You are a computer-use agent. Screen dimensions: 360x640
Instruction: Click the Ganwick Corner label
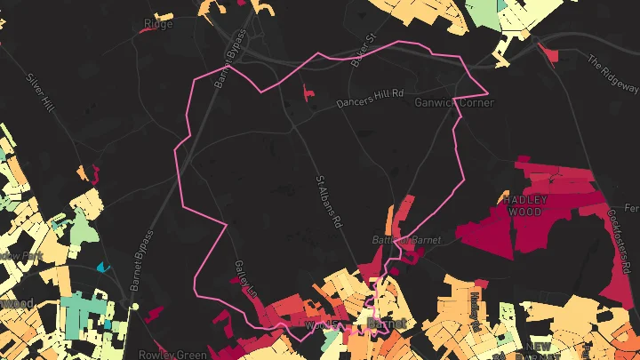(x=454, y=102)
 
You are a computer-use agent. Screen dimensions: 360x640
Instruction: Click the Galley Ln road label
(x=246, y=280)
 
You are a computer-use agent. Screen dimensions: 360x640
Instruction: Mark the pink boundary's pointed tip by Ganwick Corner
(x=486, y=92)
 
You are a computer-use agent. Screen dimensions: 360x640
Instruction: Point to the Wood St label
(x=320, y=326)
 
